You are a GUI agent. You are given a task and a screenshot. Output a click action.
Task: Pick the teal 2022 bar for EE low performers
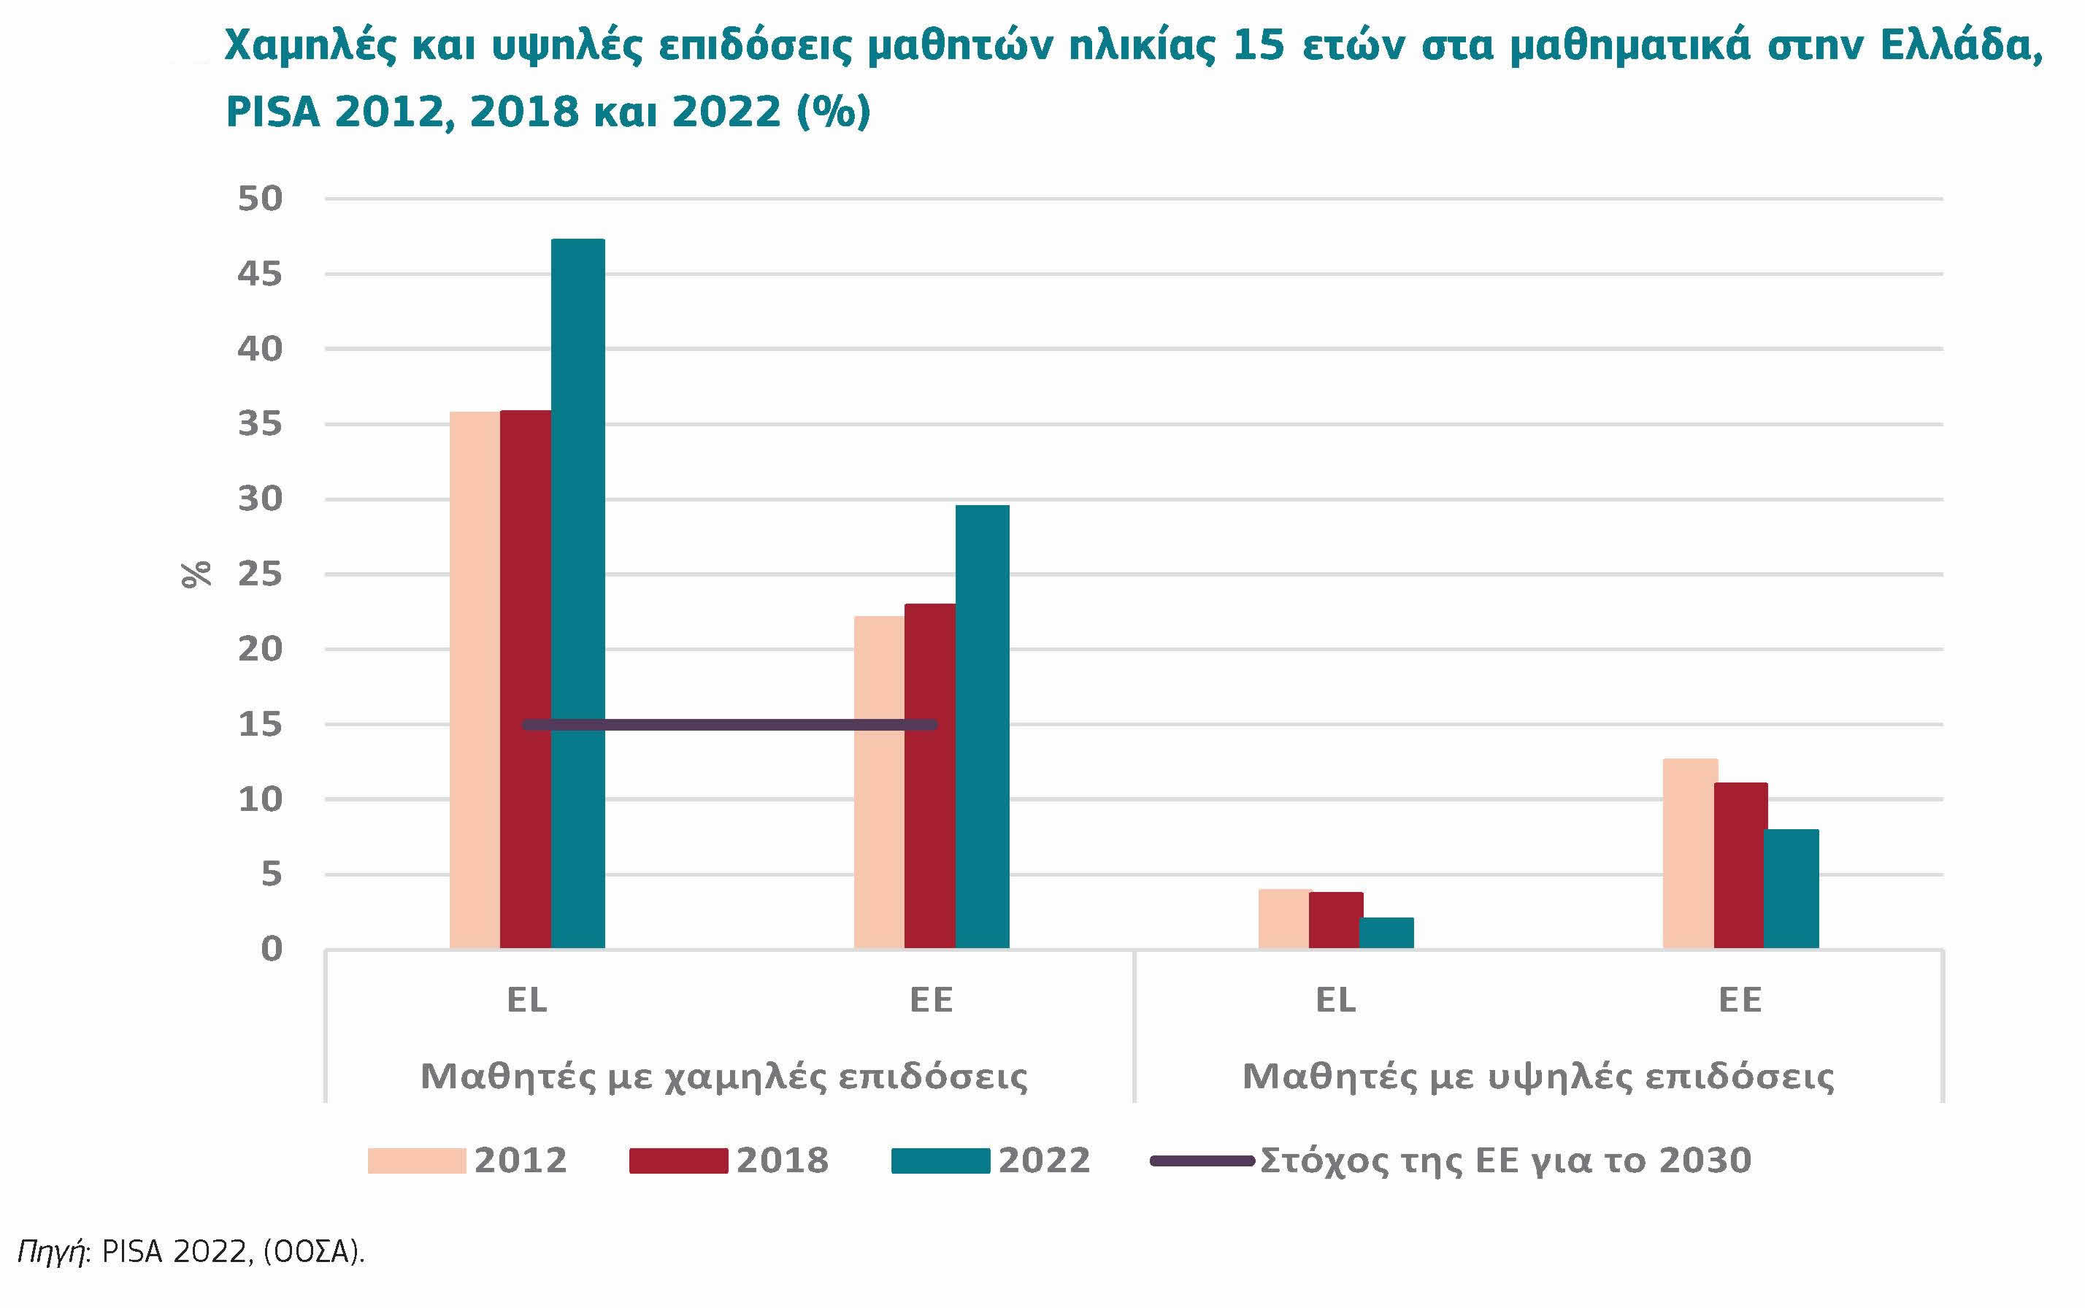click(x=982, y=727)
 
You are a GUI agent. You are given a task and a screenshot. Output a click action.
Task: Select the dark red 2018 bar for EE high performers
click(x=1740, y=865)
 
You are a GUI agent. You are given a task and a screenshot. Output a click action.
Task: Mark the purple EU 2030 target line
click(x=729, y=724)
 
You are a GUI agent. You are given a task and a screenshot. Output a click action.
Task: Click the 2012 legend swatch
click(x=416, y=1160)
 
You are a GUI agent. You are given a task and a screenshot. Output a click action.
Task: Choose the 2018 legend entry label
click(x=782, y=1160)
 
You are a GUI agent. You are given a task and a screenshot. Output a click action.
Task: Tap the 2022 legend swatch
click(x=940, y=1160)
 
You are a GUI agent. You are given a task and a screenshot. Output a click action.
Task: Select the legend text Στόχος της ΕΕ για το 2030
click(x=1505, y=1160)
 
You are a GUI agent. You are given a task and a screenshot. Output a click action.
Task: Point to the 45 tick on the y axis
click(x=261, y=274)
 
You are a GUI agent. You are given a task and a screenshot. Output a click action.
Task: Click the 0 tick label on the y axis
click(x=271, y=950)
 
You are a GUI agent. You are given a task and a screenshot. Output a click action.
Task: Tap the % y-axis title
click(x=197, y=574)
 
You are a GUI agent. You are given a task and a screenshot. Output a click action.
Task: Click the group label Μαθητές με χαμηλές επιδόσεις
click(x=724, y=1076)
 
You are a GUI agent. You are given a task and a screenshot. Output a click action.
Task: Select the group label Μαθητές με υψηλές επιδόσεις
click(x=1537, y=1076)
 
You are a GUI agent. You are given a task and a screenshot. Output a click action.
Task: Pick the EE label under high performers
click(x=1740, y=1000)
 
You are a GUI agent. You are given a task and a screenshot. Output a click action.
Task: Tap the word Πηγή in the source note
click(x=51, y=1252)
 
